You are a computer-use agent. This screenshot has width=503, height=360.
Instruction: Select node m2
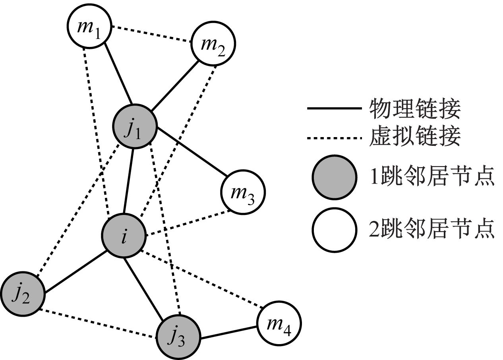213,45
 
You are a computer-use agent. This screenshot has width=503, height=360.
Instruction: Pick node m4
279,323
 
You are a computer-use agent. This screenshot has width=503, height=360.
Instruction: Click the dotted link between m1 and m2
151,34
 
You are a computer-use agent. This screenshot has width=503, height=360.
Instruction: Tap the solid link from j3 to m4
228,333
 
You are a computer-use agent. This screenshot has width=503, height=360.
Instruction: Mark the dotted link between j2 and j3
99,324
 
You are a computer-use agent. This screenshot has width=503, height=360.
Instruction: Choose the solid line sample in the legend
334,108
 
